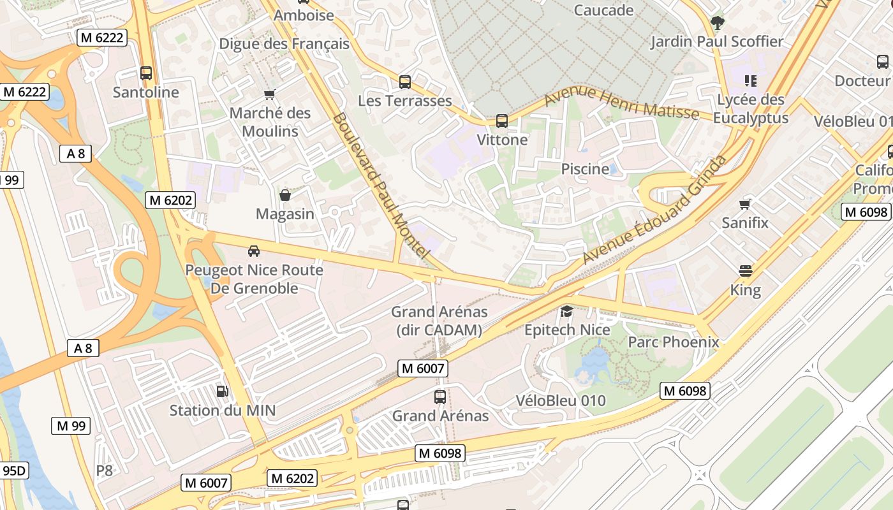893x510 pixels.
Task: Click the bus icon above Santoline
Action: (146, 73)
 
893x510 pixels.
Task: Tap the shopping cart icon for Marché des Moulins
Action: (269, 95)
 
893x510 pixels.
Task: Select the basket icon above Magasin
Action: (285, 195)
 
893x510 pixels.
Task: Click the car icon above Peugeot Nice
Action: (254, 251)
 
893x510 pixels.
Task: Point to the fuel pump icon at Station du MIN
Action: (222, 391)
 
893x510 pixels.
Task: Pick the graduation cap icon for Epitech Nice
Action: (566, 312)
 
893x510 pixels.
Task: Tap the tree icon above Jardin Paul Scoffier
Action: (717, 24)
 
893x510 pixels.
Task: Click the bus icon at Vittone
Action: (502, 121)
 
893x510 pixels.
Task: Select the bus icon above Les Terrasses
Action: (405, 82)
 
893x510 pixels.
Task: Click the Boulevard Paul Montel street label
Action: (379, 186)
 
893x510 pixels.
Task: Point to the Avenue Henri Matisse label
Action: (621, 103)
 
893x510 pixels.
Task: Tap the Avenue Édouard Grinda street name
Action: (655, 209)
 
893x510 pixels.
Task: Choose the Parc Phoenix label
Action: (674, 342)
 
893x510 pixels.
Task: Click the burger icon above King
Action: (746, 271)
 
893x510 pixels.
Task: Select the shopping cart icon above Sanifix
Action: (744, 205)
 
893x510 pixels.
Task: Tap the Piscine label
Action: (585, 169)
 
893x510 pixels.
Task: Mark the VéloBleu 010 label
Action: (561, 401)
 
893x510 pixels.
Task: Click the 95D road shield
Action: (14, 471)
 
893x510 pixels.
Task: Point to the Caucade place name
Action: (603, 10)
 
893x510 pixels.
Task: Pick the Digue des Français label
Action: (284, 44)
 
